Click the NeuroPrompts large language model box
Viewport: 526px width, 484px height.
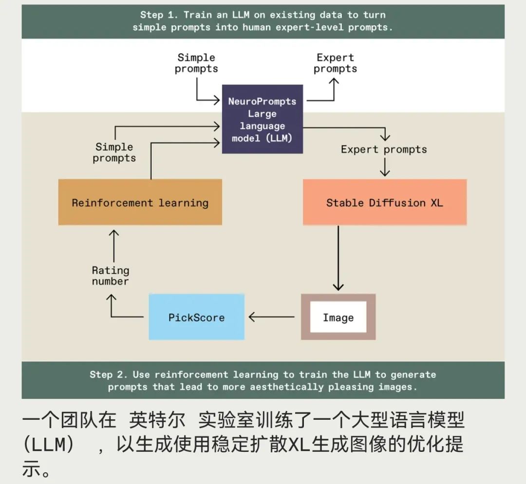pos(262,119)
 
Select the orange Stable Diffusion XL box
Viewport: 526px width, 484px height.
pos(384,203)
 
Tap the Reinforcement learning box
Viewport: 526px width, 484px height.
pos(140,203)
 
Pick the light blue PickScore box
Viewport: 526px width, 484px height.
pos(196,317)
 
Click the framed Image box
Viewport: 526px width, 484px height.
pos(338,317)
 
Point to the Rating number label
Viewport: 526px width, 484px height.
pos(111,276)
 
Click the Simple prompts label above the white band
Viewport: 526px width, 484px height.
pos(196,63)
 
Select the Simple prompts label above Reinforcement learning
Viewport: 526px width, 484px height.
pos(114,152)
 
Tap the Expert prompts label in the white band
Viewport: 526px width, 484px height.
pos(335,63)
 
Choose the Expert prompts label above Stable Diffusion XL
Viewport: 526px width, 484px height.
pos(384,149)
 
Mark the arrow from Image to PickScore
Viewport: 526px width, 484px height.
pos(272,317)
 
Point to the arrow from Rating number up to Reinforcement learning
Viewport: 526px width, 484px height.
pos(113,246)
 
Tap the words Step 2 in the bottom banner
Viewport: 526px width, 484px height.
pos(109,374)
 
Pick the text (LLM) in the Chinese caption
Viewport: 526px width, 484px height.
pos(49,444)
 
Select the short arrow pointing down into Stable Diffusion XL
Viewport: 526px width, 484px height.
pos(385,168)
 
